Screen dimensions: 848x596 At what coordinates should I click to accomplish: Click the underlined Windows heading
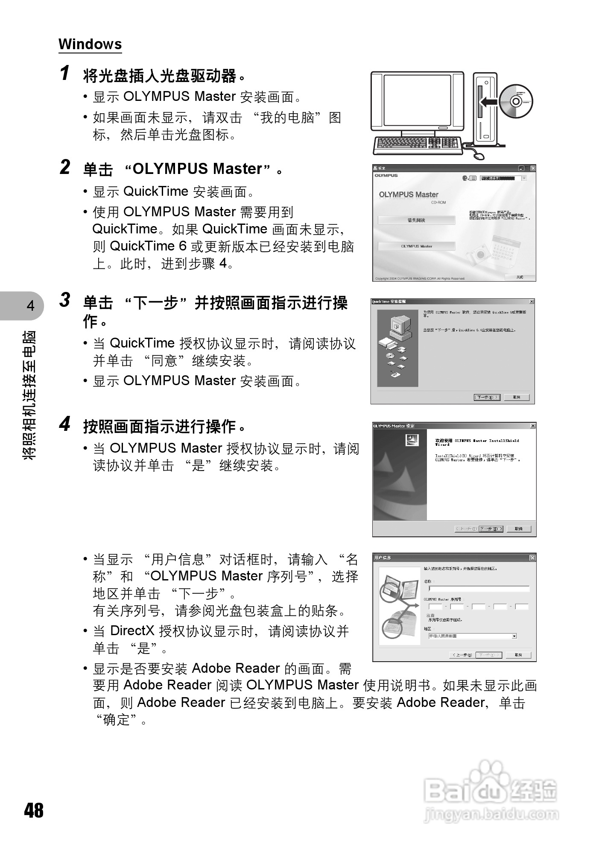point(90,44)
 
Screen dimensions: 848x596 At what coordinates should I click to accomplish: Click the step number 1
point(65,73)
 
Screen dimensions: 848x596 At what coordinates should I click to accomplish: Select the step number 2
point(65,167)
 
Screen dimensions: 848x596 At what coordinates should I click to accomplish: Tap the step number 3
point(65,300)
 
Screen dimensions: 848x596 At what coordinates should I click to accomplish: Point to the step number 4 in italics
point(65,424)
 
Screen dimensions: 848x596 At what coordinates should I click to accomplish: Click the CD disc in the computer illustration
point(516,102)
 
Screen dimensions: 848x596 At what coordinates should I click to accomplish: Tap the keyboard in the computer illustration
point(418,145)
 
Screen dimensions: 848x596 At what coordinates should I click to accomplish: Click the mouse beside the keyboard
point(480,155)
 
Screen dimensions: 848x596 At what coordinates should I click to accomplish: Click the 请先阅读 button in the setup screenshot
point(416,220)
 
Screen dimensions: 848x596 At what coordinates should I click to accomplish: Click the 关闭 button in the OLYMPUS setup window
point(519,277)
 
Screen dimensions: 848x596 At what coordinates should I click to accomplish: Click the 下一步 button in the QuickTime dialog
point(487,397)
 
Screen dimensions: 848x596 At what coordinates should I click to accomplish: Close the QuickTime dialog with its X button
point(532,302)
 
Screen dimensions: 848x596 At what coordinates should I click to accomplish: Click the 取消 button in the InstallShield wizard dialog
point(518,529)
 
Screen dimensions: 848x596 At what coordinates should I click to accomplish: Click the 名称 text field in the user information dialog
point(478,589)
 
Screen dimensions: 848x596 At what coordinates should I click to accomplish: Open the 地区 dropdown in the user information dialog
point(514,636)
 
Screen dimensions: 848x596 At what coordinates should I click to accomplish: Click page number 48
point(34,810)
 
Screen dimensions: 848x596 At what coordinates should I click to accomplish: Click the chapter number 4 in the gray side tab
point(30,306)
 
